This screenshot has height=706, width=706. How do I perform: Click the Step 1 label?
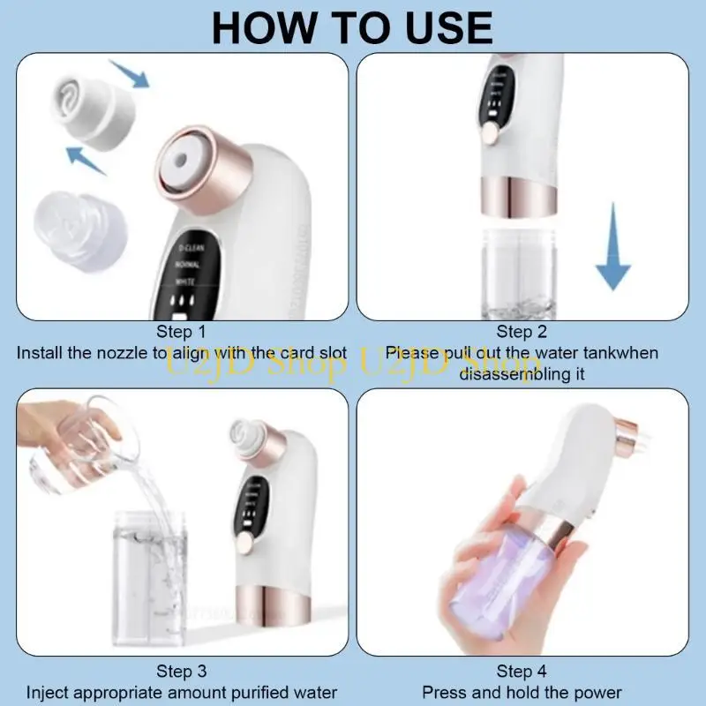tap(181, 332)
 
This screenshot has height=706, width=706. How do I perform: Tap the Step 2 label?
tap(522, 332)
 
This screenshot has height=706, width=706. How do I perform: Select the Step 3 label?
tap(181, 672)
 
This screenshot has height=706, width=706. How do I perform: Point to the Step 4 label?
tap(522, 672)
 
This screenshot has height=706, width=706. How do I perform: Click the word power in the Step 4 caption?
tap(600, 693)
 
